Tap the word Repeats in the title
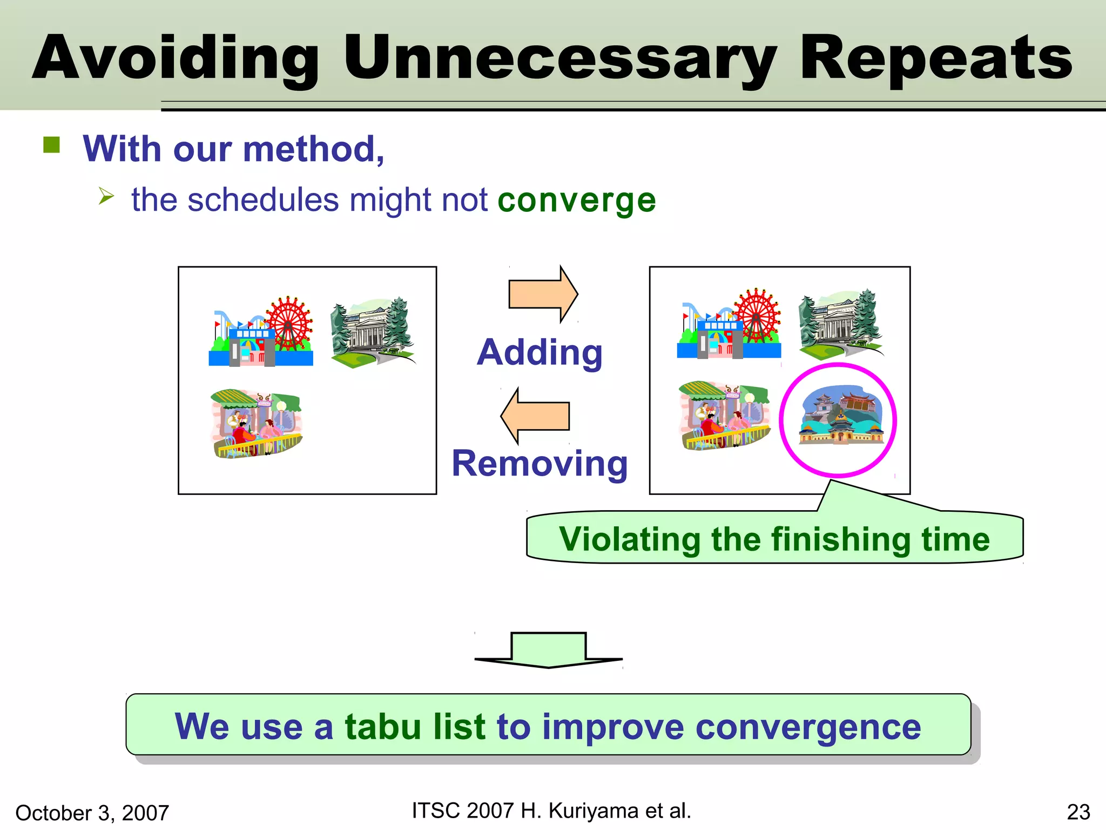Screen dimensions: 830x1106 (x=936, y=58)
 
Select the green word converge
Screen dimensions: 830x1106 (x=576, y=200)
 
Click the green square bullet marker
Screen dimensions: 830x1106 (x=52, y=145)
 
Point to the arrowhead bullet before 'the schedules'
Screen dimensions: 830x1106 (x=106, y=196)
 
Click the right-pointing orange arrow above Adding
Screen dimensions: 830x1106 (x=543, y=294)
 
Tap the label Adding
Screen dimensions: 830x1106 (x=539, y=353)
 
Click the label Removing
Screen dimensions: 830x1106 (x=539, y=464)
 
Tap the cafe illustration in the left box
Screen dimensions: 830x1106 (x=255, y=424)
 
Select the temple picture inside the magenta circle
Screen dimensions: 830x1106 (x=840, y=416)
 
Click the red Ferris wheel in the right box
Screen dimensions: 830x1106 (x=758, y=316)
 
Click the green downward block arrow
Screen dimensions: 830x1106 (x=548, y=650)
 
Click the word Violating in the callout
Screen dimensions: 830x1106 (x=629, y=539)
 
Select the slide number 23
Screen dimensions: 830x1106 (x=1078, y=812)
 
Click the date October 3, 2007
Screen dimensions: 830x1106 (x=92, y=813)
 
